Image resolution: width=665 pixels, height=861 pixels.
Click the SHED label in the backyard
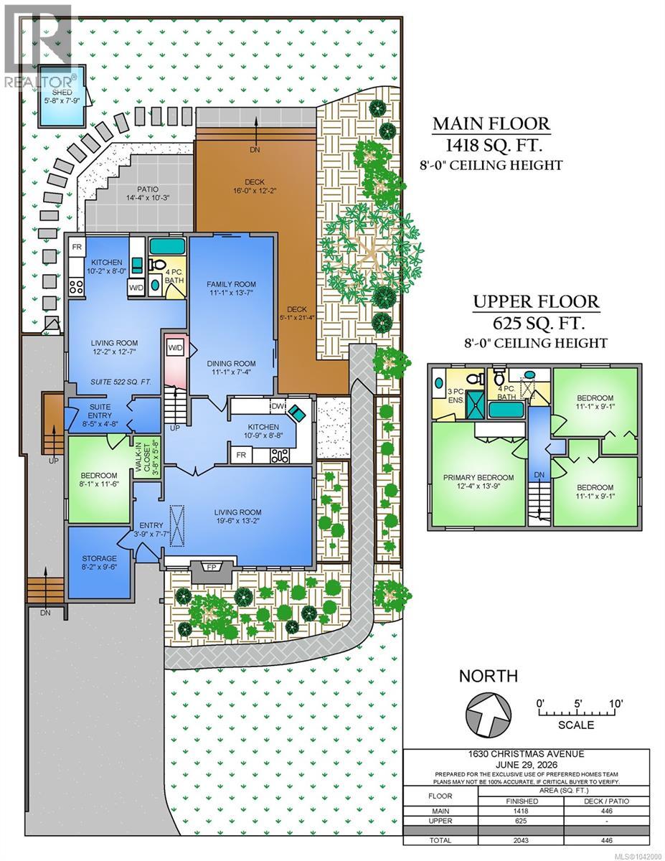[62, 93]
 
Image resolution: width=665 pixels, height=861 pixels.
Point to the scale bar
[576, 712]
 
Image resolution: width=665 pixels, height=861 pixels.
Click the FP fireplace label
[212, 567]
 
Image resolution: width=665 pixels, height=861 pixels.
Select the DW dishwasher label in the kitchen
[277, 405]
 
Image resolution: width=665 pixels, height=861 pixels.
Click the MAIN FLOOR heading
[491, 123]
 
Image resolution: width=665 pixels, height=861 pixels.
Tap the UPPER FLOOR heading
[537, 302]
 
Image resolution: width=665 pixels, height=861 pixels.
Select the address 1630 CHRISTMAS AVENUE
[526, 754]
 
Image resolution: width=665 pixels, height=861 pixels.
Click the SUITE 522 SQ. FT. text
[121, 382]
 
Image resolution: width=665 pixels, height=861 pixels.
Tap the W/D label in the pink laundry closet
[176, 348]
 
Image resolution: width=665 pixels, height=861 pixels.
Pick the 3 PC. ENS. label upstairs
[456, 396]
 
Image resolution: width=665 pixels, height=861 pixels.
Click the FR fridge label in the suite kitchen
[77, 248]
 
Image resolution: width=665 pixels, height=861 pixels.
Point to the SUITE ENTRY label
[100, 411]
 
